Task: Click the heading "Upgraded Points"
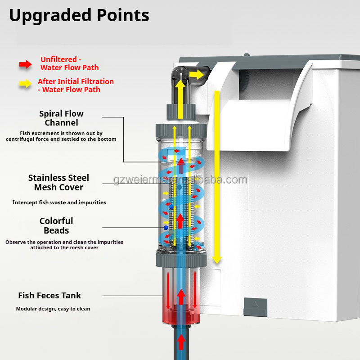pos(79,15)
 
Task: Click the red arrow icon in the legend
pos(25,64)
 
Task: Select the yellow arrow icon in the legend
pos(25,83)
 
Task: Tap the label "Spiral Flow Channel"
pos(61,118)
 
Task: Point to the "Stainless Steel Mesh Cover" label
pos(58,182)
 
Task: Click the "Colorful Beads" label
pos(56,225)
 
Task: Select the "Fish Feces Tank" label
pos(49,296)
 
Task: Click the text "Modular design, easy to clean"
pos(53,309)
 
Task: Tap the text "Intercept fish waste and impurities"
pos(59,202)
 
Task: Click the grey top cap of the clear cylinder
pos(180,130)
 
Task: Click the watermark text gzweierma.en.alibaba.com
pos(180,180)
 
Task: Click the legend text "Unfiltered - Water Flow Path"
pos(69,63)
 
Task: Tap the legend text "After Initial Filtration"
pos(76,81)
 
